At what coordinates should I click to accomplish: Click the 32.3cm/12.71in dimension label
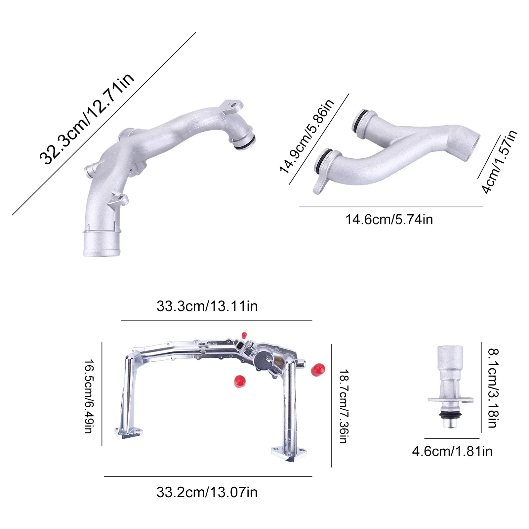click(87, 119)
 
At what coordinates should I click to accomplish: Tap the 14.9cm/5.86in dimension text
click(307, 136)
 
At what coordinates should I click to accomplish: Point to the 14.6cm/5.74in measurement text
click(389, 220)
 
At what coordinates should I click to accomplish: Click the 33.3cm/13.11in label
click(207, 306)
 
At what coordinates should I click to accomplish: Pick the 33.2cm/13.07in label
click(207, 492)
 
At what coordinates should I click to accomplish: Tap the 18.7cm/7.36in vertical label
click(344, 406)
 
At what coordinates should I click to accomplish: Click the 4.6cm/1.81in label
click(452, 451)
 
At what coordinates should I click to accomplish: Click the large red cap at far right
click(318, 369)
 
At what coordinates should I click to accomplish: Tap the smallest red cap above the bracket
click(244, 335)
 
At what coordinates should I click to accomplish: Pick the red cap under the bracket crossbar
click(239, 381)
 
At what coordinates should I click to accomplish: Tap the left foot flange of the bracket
click(128, 432)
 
